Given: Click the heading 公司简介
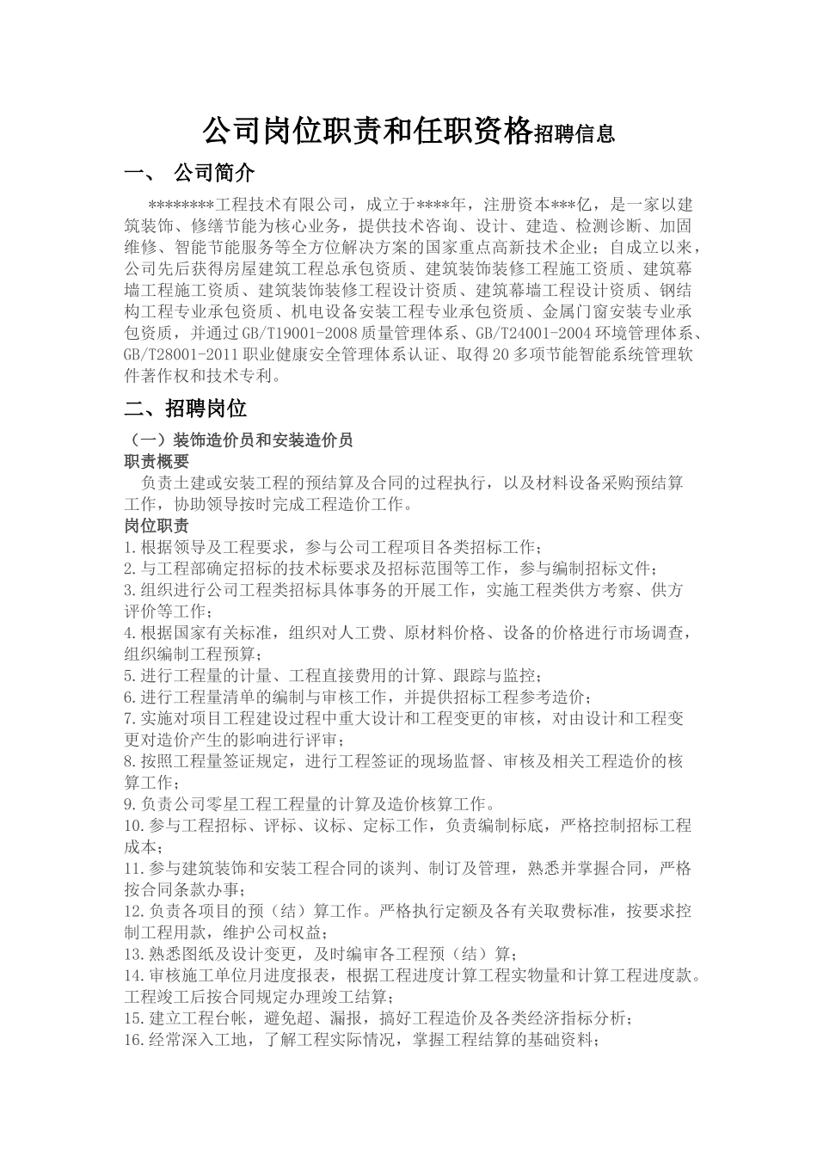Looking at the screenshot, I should [x=214, y=173].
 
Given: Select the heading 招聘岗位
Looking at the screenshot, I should [x=206, y=408].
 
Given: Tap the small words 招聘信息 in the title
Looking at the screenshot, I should [x=574, y=134].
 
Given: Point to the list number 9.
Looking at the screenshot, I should [x=130, y=805].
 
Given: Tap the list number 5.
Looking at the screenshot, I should [x=130, y=676].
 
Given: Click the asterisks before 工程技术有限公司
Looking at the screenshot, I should [x=180, y=205].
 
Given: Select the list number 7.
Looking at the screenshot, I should [x=130, y=719].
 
